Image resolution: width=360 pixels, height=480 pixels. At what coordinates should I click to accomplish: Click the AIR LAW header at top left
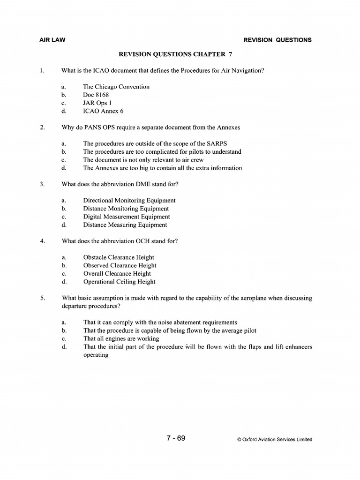(52, 40)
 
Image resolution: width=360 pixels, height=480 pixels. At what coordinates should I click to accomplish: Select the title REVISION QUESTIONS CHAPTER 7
(176, 54)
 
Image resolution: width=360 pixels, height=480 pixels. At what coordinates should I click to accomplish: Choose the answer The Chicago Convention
(116, 87)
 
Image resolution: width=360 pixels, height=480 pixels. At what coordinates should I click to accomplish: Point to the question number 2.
(42, 127)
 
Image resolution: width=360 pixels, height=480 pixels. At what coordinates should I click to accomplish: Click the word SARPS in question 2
(217, 143)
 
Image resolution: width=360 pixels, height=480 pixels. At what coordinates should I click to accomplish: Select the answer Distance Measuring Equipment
(125, 225)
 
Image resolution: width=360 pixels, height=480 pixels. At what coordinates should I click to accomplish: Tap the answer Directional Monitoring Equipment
(129, 200)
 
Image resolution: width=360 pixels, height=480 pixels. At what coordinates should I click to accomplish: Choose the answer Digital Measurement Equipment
(127, 217)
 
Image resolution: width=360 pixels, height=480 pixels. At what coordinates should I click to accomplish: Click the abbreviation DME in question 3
(144, 184)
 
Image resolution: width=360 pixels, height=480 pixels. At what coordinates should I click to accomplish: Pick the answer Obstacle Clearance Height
(119, 257)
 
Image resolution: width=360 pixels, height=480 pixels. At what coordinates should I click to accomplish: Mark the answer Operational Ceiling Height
(119, 282)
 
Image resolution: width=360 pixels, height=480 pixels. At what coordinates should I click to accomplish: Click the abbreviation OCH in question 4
(144, 241)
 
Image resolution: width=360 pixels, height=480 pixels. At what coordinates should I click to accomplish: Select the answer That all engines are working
(121, 338)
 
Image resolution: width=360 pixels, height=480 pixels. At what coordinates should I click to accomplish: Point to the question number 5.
(42, 298)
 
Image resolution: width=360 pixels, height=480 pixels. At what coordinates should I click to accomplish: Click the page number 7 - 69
(176, 439)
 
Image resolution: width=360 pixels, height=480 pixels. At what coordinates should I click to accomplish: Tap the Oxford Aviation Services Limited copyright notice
(275, 440)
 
